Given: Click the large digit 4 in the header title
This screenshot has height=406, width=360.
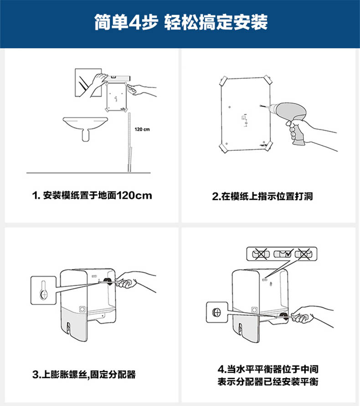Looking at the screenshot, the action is [135, 22].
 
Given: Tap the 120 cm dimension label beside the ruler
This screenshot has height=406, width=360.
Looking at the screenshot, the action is [142, 129].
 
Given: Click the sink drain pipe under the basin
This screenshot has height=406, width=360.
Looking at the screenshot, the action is [86, 135].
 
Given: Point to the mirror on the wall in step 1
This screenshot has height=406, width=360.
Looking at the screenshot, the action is [88, 83].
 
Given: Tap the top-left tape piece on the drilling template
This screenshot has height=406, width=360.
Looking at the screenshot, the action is [223, 81].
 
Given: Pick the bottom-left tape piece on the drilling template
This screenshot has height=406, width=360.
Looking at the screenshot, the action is [223, 148].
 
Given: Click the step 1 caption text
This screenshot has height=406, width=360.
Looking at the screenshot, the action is [92, 195].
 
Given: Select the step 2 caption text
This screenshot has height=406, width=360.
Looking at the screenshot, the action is [262, 196].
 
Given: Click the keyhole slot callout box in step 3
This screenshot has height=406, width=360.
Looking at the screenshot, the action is [43, 290].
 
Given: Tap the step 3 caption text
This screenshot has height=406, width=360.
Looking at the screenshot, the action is [84, 375].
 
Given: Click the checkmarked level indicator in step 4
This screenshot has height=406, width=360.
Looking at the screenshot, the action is [283, 253].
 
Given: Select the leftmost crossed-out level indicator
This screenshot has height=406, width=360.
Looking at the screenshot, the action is [261, 254].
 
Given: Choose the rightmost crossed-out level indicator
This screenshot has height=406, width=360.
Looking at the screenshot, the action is [303, 254].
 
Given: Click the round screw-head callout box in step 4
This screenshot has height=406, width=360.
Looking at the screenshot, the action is [217, 312].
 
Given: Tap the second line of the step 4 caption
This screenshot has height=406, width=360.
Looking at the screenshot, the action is [268, 381].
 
